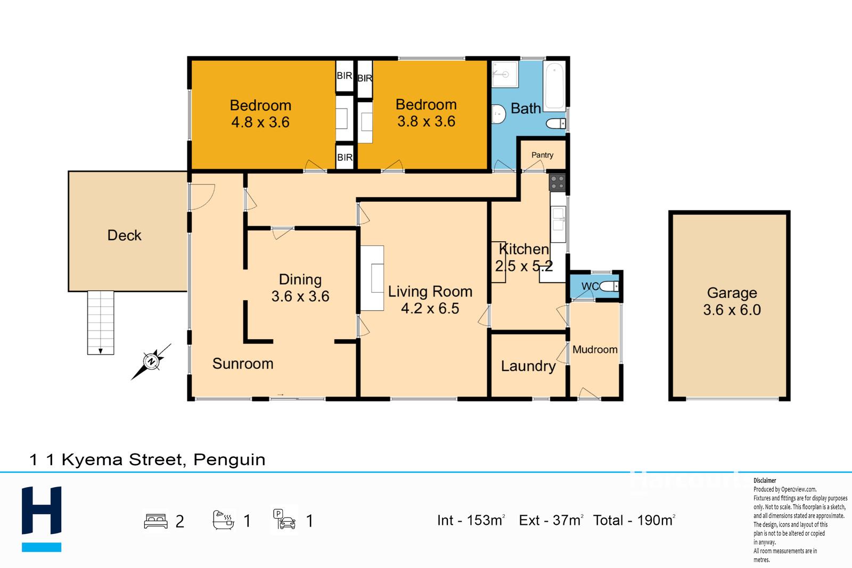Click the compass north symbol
[x=151, y=361]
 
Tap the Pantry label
[x=542, y=155]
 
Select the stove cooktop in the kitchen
[x=557, y=182]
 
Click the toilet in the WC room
[x=609, y=286]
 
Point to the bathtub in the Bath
[x=554, y=86]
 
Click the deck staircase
[x=101, y=323]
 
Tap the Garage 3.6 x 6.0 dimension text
[x=732, y=310]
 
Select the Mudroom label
[x=595, y=349]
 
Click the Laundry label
[x=528, y=366]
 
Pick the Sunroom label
[x=243, y=364]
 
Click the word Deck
[x=125, y=235]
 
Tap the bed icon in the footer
[x=155, y=521]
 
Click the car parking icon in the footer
[x=284, y=520]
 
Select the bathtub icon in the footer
[x=223, y=520]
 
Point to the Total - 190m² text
[x=634, y=520]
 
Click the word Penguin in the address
[x=230, y=459]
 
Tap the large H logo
[x=42, y=510]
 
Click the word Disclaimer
[x=765, y=481]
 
